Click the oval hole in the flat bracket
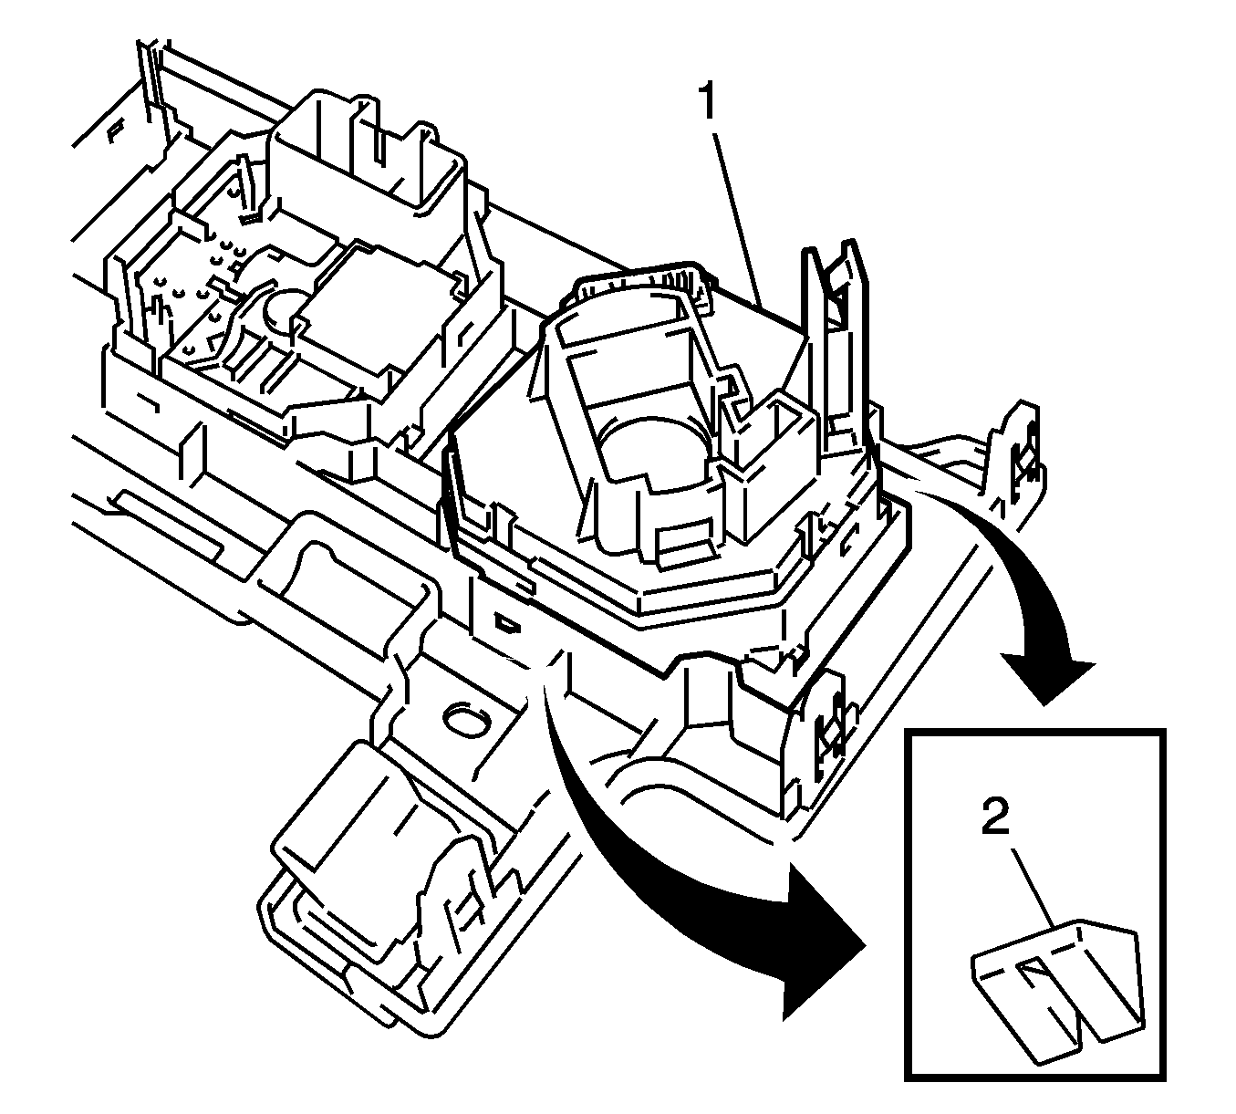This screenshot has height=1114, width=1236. [x=467, y=722]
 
